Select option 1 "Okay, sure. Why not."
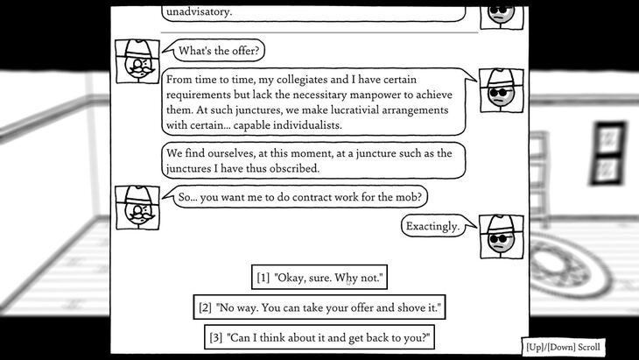pos(319,279)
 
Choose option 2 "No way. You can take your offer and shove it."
pos(319,307)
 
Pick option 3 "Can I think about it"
pos(319,337)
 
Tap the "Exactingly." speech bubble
pos(432,226)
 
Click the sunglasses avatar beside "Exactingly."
pos(501,236)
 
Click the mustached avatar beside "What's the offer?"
pos(137,61)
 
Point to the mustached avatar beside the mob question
pos(137,208)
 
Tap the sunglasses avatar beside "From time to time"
pos(501,89)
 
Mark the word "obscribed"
pos(295,168)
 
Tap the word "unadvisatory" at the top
pos(199,11)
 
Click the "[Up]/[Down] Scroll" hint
pos(563,347)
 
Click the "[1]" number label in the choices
pos(263,279)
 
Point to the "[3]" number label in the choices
pos(215,337)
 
